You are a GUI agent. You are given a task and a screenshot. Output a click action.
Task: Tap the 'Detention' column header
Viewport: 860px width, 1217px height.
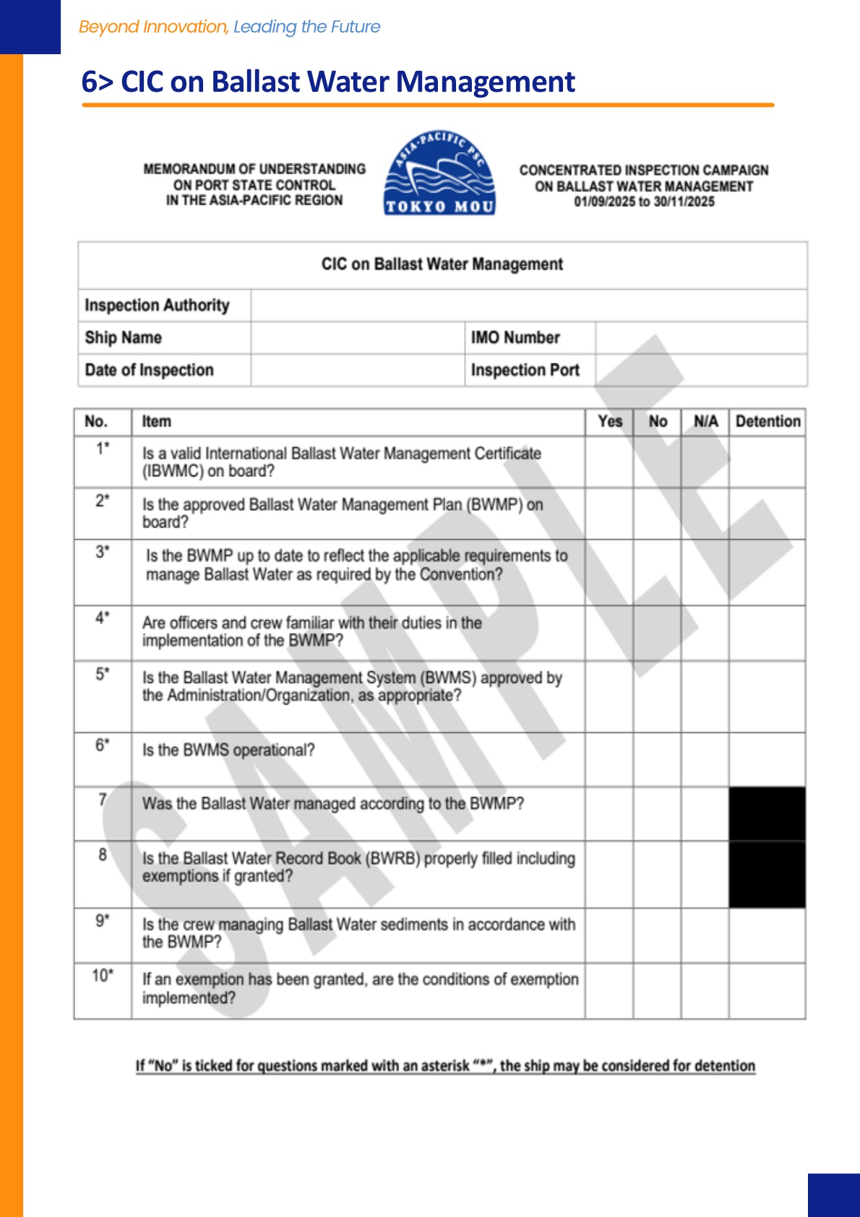(x=767, y=421)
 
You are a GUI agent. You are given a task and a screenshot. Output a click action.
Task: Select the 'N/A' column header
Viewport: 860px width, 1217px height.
(x=705, y=421)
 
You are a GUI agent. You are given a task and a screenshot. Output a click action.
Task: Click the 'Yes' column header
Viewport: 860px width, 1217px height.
(x=610, y=421)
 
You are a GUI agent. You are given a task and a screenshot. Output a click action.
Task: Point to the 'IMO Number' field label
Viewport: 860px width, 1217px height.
(x=515, y=337)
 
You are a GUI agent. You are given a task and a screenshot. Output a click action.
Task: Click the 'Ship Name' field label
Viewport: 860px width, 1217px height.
(x=123, y=337)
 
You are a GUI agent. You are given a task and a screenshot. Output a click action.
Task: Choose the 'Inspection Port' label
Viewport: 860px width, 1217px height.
(x=525, y=370)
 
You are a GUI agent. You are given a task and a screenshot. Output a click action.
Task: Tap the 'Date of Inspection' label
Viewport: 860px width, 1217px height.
(x=149, y=370)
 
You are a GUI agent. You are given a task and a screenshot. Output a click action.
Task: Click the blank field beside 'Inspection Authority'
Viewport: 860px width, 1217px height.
(x=528, y=306)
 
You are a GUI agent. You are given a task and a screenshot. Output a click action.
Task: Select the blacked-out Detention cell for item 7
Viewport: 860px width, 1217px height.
(x=767, y=814)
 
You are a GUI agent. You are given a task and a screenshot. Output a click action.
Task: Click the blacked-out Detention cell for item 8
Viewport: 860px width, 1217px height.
(x=767, y=874)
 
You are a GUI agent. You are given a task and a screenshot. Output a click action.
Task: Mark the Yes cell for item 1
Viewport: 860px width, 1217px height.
(x=609, y=463)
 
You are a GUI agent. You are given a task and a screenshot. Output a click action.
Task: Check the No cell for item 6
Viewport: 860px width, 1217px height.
(x=657, y=760)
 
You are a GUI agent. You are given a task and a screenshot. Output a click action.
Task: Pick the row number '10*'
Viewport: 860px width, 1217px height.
(x=103, y=976)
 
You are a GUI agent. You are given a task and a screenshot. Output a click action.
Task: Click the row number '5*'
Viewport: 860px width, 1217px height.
(x=103, y=674)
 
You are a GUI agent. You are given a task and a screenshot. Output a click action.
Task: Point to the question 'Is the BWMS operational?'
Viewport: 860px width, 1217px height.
(x=228, y=750)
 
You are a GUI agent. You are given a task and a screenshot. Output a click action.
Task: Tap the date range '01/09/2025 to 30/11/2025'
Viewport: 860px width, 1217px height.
(x=644, y=202)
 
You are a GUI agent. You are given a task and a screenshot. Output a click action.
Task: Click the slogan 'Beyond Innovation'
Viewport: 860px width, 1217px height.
(x=153, y=27)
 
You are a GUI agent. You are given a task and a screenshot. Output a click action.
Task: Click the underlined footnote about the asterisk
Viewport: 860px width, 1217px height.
(x=445, y=1066)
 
